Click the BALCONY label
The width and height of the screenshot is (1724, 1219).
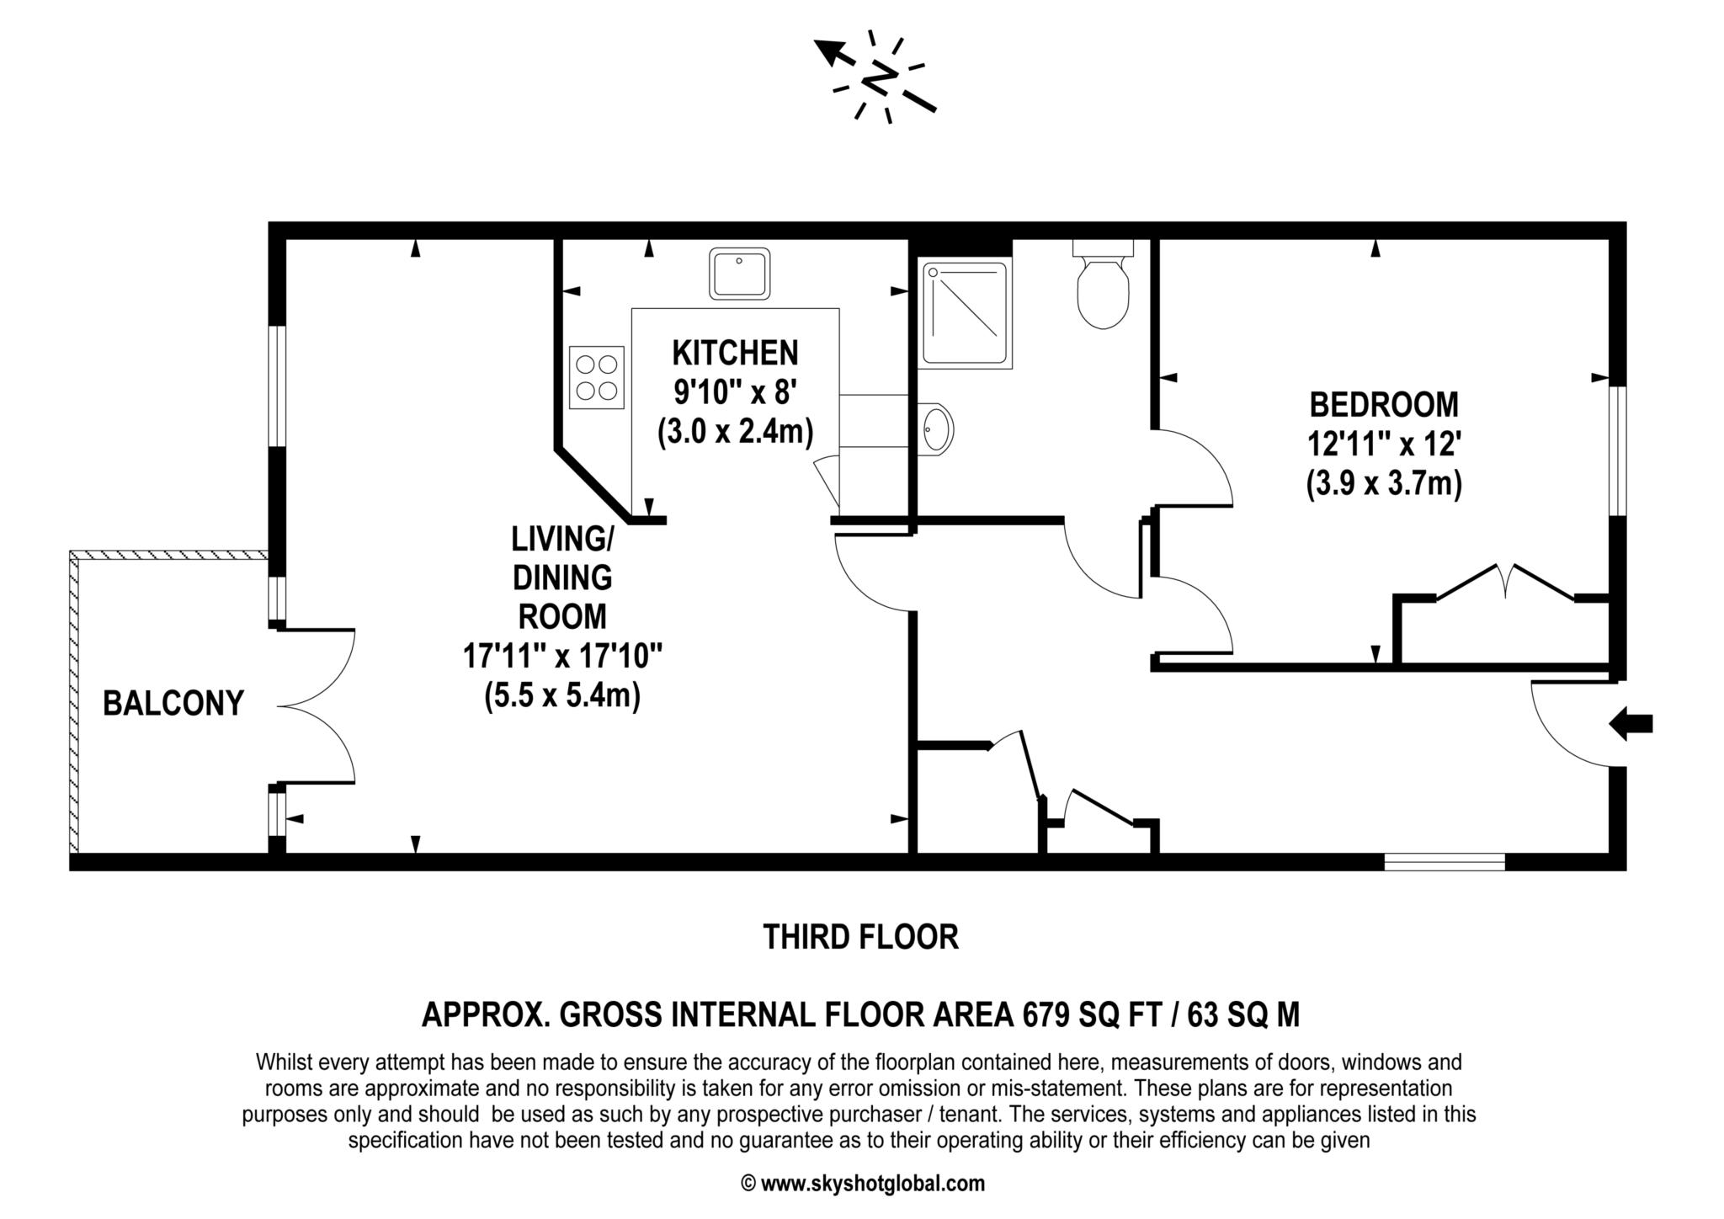(173, 703)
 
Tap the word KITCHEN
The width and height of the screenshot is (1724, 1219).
(735, 354)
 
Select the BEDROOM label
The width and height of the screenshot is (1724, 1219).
(1384, 405)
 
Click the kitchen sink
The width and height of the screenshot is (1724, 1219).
(739, 273)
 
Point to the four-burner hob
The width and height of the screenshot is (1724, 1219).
(597, 377)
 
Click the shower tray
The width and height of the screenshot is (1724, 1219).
(966, 313)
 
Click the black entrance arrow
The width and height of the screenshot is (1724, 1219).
(1631, 724)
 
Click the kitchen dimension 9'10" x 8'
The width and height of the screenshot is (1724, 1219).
(735, 391)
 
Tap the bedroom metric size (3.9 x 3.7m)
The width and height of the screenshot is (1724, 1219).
(1384, 484)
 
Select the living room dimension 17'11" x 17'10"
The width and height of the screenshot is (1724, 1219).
(562, 656)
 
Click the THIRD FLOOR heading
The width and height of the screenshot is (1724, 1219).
(860, 937)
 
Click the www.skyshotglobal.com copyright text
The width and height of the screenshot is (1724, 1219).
(862, 1184)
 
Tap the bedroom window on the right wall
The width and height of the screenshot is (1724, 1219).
(1617, 450)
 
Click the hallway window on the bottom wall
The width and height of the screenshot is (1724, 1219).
(1445, 862)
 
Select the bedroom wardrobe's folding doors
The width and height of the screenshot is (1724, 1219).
(1504, 583)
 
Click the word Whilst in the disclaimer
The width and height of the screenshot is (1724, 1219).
(284, 1062)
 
